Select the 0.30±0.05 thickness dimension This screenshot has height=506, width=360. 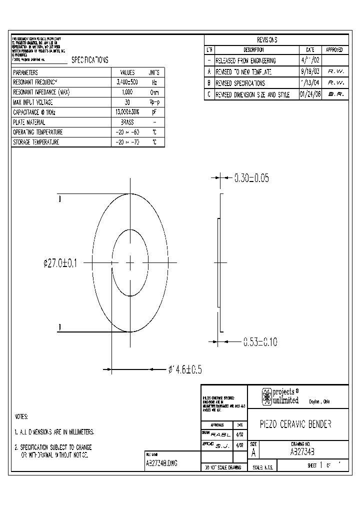pyautogui.click(x=251, y=177)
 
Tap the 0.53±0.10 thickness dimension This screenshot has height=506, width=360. pyautogui.click(x=259, y=342)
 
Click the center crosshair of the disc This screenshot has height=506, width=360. pyautogui.click(x=130, y=262)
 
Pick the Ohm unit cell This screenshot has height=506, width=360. pyautogui.click(x=154, y=92)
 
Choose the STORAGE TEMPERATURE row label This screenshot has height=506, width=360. pyautogui.click(x=36, y=142)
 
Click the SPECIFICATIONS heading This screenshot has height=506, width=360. pyautogui.click(x=89, y=59)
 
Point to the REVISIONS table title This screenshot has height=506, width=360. pyautogui.click(x=267, y=40)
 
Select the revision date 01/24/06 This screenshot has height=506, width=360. pyautogui.click(x=310, y=94)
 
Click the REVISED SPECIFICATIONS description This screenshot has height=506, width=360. pyautogui.click(x=240, y=83)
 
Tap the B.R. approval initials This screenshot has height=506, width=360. pyautogui.click(x=335, y=94)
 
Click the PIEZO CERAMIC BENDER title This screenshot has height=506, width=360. pyautogui.click(x=295, y=424)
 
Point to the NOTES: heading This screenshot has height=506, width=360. pyautogui.click(x=21, y=416)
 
